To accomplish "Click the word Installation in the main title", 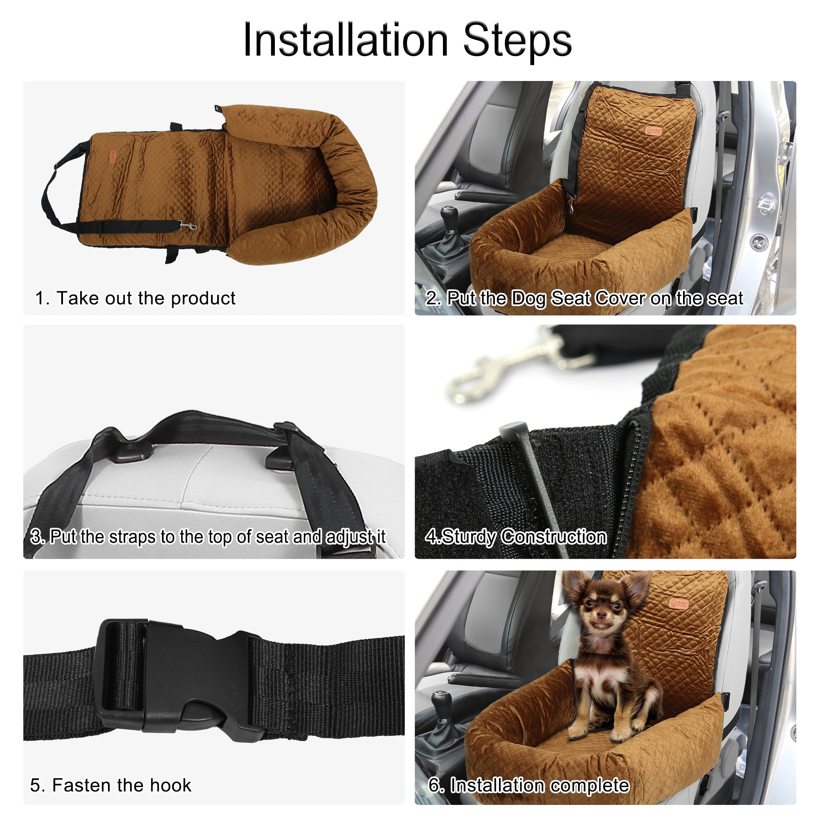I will click(x=345, y=40).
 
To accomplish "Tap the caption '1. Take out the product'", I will click(x=135, y=299).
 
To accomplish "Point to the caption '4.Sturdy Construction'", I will click(x=516, y=537).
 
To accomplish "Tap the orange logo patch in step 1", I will click(x=112, y=156).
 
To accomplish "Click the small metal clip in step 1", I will click(x=189, y=226).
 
